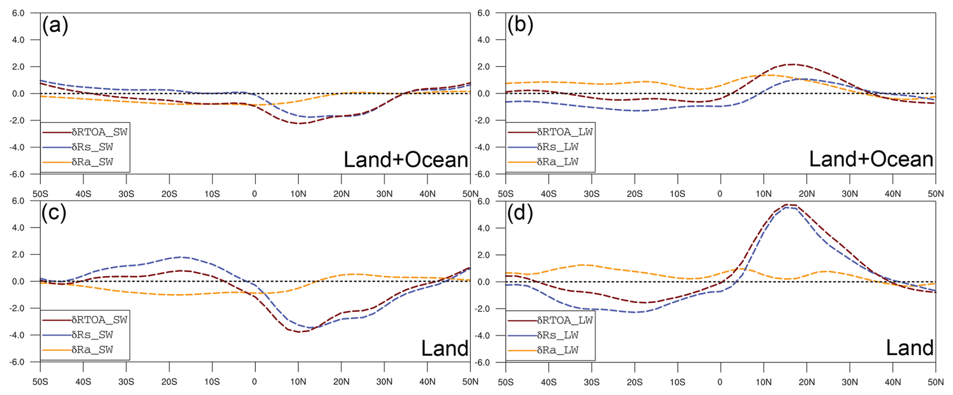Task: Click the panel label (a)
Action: [55, 25]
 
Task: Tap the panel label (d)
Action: [520, 213]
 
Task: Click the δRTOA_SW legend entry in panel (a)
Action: [99, 132]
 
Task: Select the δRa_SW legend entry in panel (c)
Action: [92, 350]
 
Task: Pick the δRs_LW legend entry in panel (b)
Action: [558, 147]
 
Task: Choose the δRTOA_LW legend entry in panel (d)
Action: [565, 320]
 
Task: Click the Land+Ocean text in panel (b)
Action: [871, 159]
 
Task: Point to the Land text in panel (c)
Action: [444, 348]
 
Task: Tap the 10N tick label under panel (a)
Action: [298, 194]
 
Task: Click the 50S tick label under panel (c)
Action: [40, 382]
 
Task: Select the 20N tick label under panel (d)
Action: [806, 382]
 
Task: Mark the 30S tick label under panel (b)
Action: [591, 194]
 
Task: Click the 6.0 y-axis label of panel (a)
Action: [18, 13]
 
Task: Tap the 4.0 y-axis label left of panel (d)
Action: [483, 228]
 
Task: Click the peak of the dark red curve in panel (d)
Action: [790, 205]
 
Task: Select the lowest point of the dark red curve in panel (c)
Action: [300, 332]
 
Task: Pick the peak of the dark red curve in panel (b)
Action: [793, 64]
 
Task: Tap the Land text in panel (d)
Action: [910, 348]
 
